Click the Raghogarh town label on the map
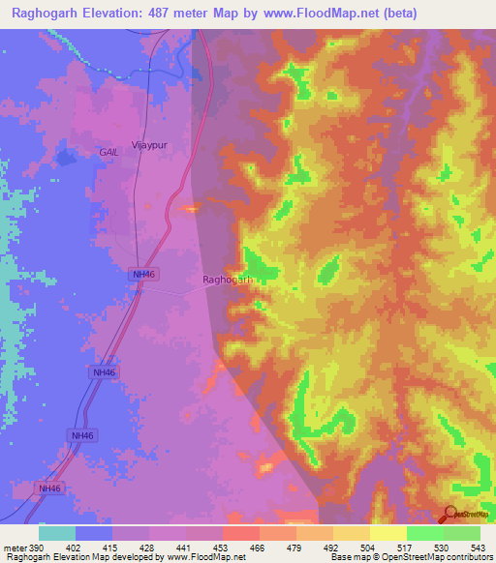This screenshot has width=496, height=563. [228, 281]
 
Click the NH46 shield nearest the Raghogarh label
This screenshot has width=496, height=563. [142, 275]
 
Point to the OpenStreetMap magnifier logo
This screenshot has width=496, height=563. [452, 516]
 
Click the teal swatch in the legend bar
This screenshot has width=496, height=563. [57, 533]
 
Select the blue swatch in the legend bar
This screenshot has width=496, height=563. [94, 533]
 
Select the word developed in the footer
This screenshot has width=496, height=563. [120, 556]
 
